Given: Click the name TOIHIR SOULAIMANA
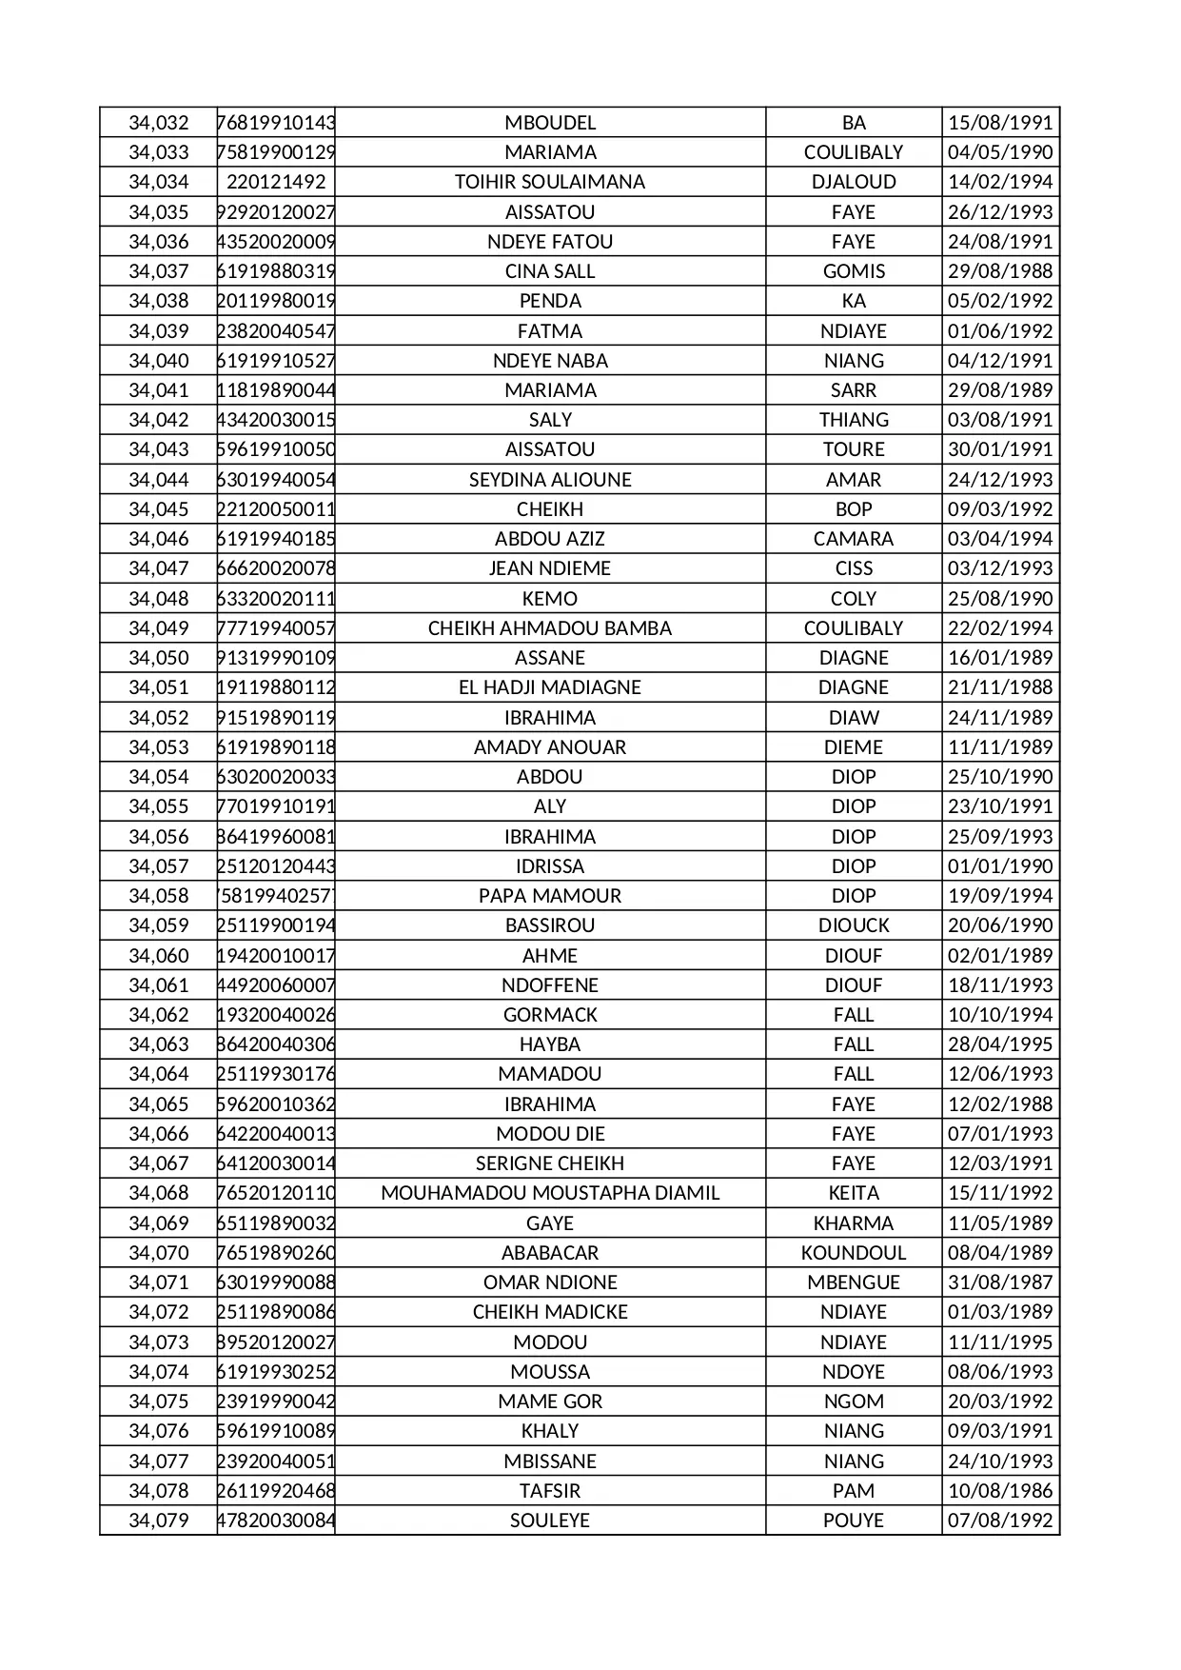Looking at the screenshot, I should (549, 182).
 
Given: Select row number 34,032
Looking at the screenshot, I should (159, 123).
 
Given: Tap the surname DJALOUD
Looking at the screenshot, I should (853, 182).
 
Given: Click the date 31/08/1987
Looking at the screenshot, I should (999, 1282).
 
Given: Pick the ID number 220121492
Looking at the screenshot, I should (275, 182).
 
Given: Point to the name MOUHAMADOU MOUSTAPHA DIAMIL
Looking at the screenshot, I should (549, 1193).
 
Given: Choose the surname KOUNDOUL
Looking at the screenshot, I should (853, 1253).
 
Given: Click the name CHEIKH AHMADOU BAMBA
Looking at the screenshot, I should (549, 628).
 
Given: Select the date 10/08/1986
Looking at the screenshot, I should (999, 1491).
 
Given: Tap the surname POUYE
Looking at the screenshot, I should (853, 1521).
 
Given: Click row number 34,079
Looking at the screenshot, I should (159, 1521).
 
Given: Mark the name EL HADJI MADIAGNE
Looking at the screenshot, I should (549, 687).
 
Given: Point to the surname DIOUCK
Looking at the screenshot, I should (853, 925).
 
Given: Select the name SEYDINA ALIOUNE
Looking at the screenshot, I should (549, 480).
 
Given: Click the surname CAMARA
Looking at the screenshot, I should (853, 539).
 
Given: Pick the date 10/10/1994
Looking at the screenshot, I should (999, 1015).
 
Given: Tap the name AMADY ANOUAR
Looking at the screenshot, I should (549, 747).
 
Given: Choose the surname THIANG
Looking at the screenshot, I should (853, 420).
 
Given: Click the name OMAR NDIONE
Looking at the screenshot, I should (549, 1282).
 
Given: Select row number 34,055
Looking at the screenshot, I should (159, 806).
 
